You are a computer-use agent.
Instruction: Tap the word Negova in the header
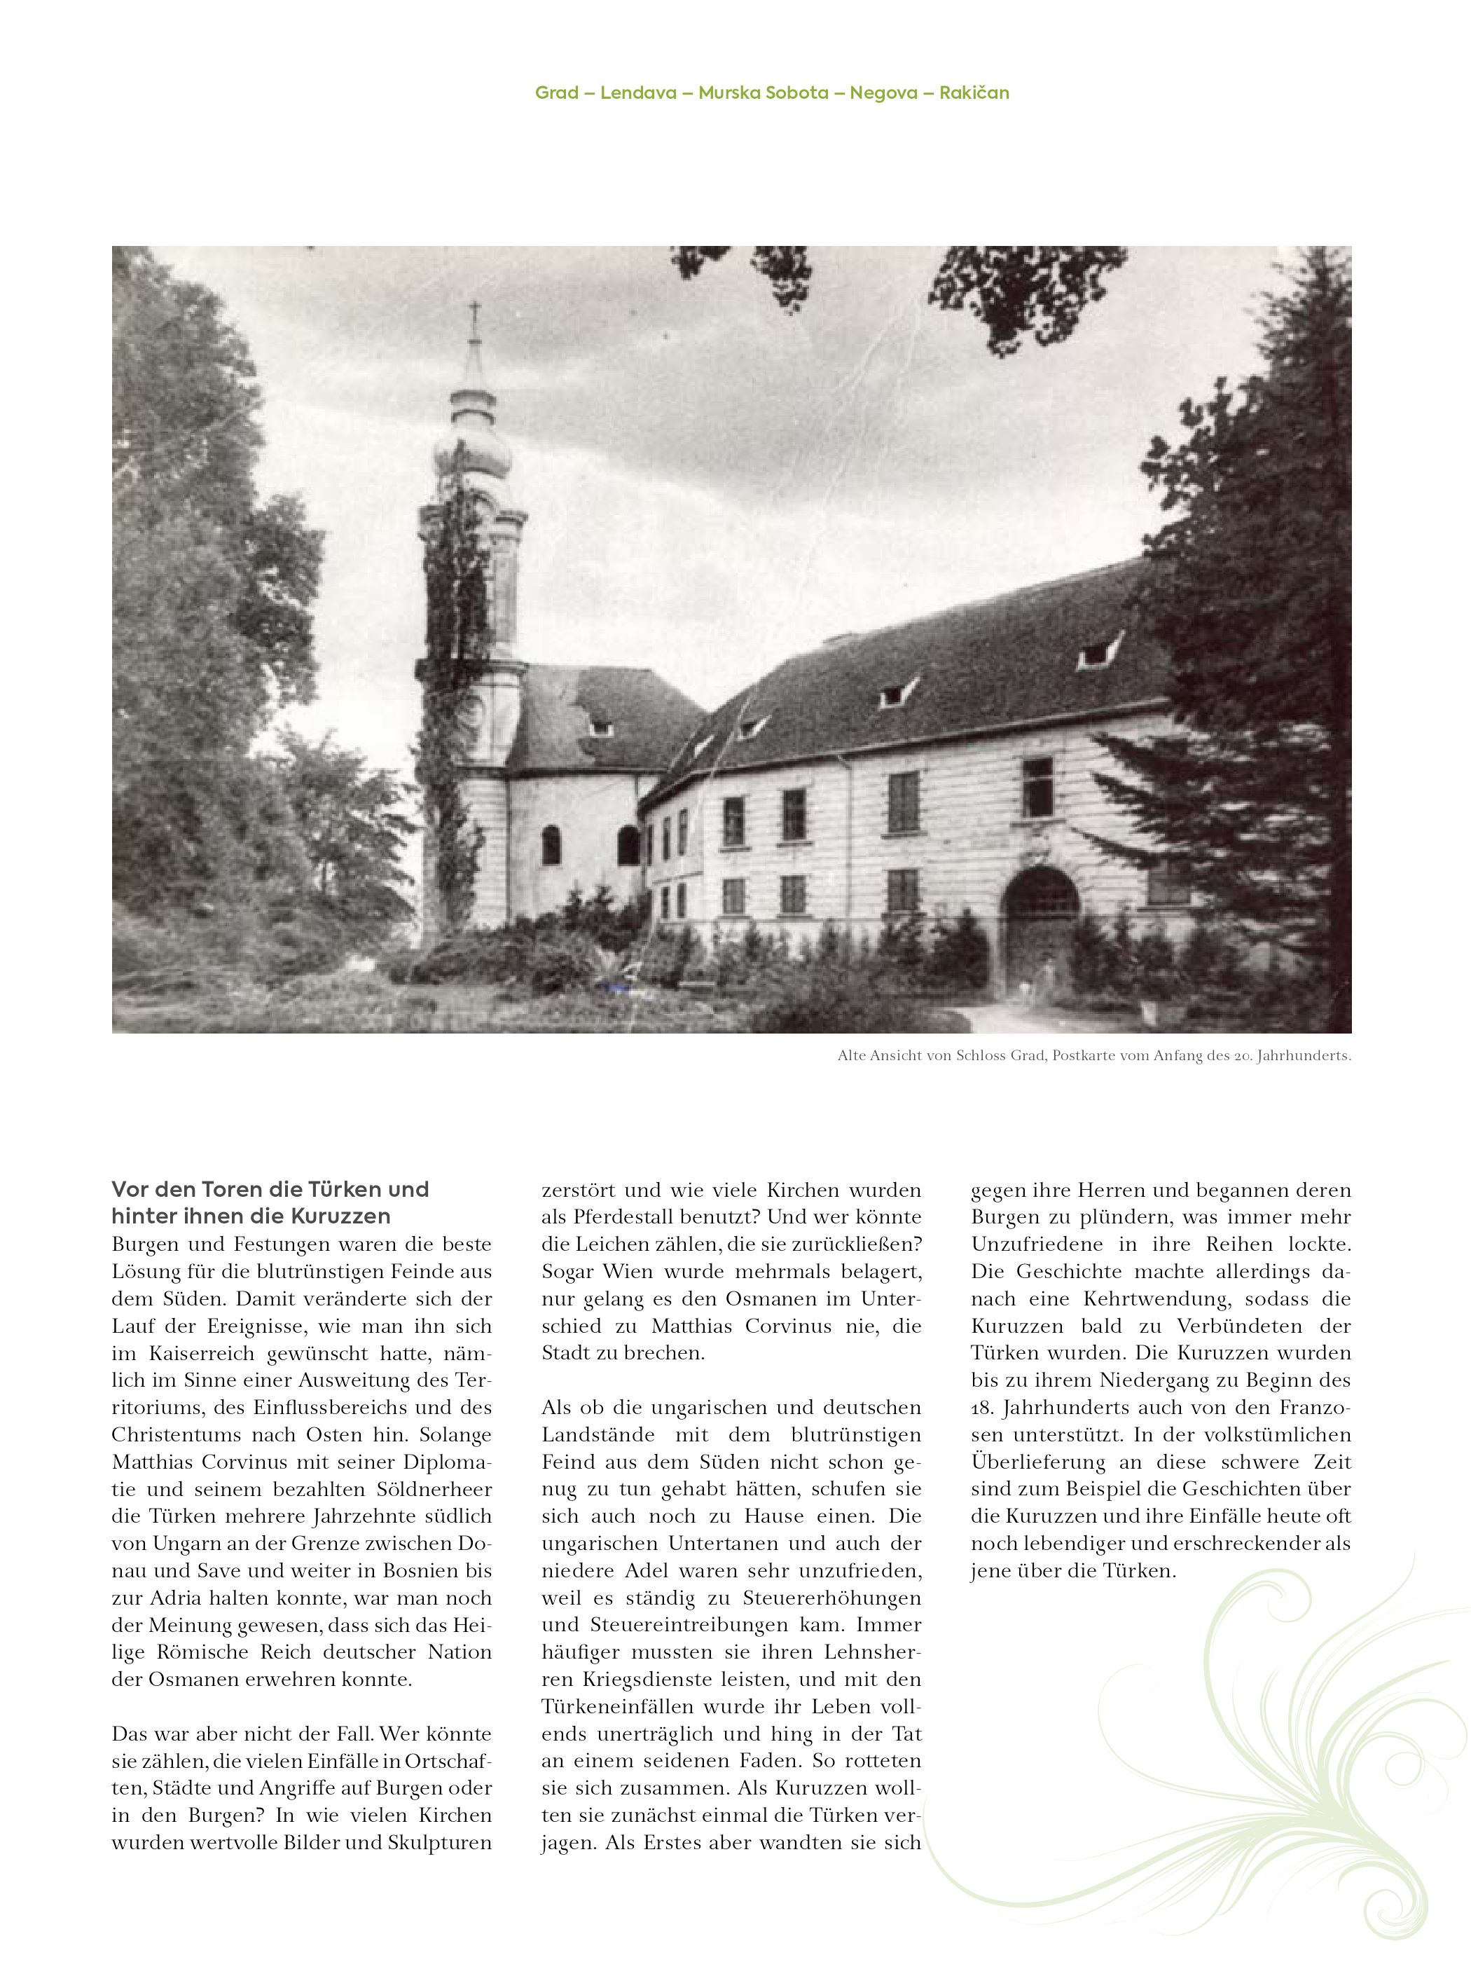coord(883,93)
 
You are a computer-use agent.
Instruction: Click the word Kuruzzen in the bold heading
coord(340,1216)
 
